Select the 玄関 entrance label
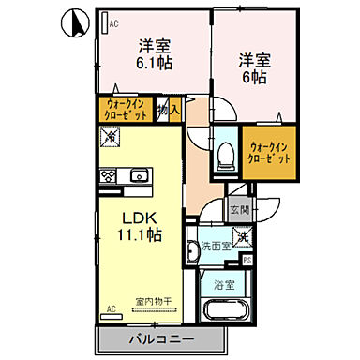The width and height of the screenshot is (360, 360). [239, 211]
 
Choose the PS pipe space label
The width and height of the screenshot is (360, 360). [248, 260]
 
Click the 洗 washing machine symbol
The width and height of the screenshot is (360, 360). [241, 236]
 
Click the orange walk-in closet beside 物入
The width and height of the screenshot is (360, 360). [125, 112]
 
